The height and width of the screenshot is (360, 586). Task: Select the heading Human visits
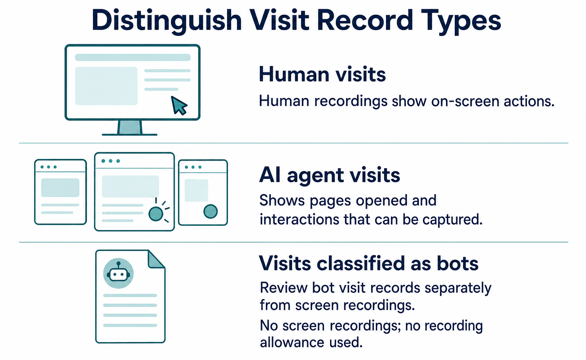point(322,74)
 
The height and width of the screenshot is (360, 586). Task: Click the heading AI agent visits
point(330,175)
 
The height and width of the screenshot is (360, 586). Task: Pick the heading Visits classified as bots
point(369,263)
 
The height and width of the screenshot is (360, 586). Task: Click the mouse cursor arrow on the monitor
point(179,105)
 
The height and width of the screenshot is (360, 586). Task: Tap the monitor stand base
point(129,135)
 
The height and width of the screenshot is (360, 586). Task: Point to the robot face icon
point(119,273)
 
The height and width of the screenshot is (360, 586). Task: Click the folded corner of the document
point(156,260)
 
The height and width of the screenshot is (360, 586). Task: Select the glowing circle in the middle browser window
point(156,214)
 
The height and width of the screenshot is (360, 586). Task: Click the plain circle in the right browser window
point(211,211)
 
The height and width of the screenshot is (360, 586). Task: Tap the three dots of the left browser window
point(48,167)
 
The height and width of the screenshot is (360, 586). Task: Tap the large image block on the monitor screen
point(106,86)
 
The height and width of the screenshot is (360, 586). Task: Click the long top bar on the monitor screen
point(133,57)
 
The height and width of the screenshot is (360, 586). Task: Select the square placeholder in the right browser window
point(196,190)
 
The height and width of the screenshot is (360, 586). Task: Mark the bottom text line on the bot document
point(130,326)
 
